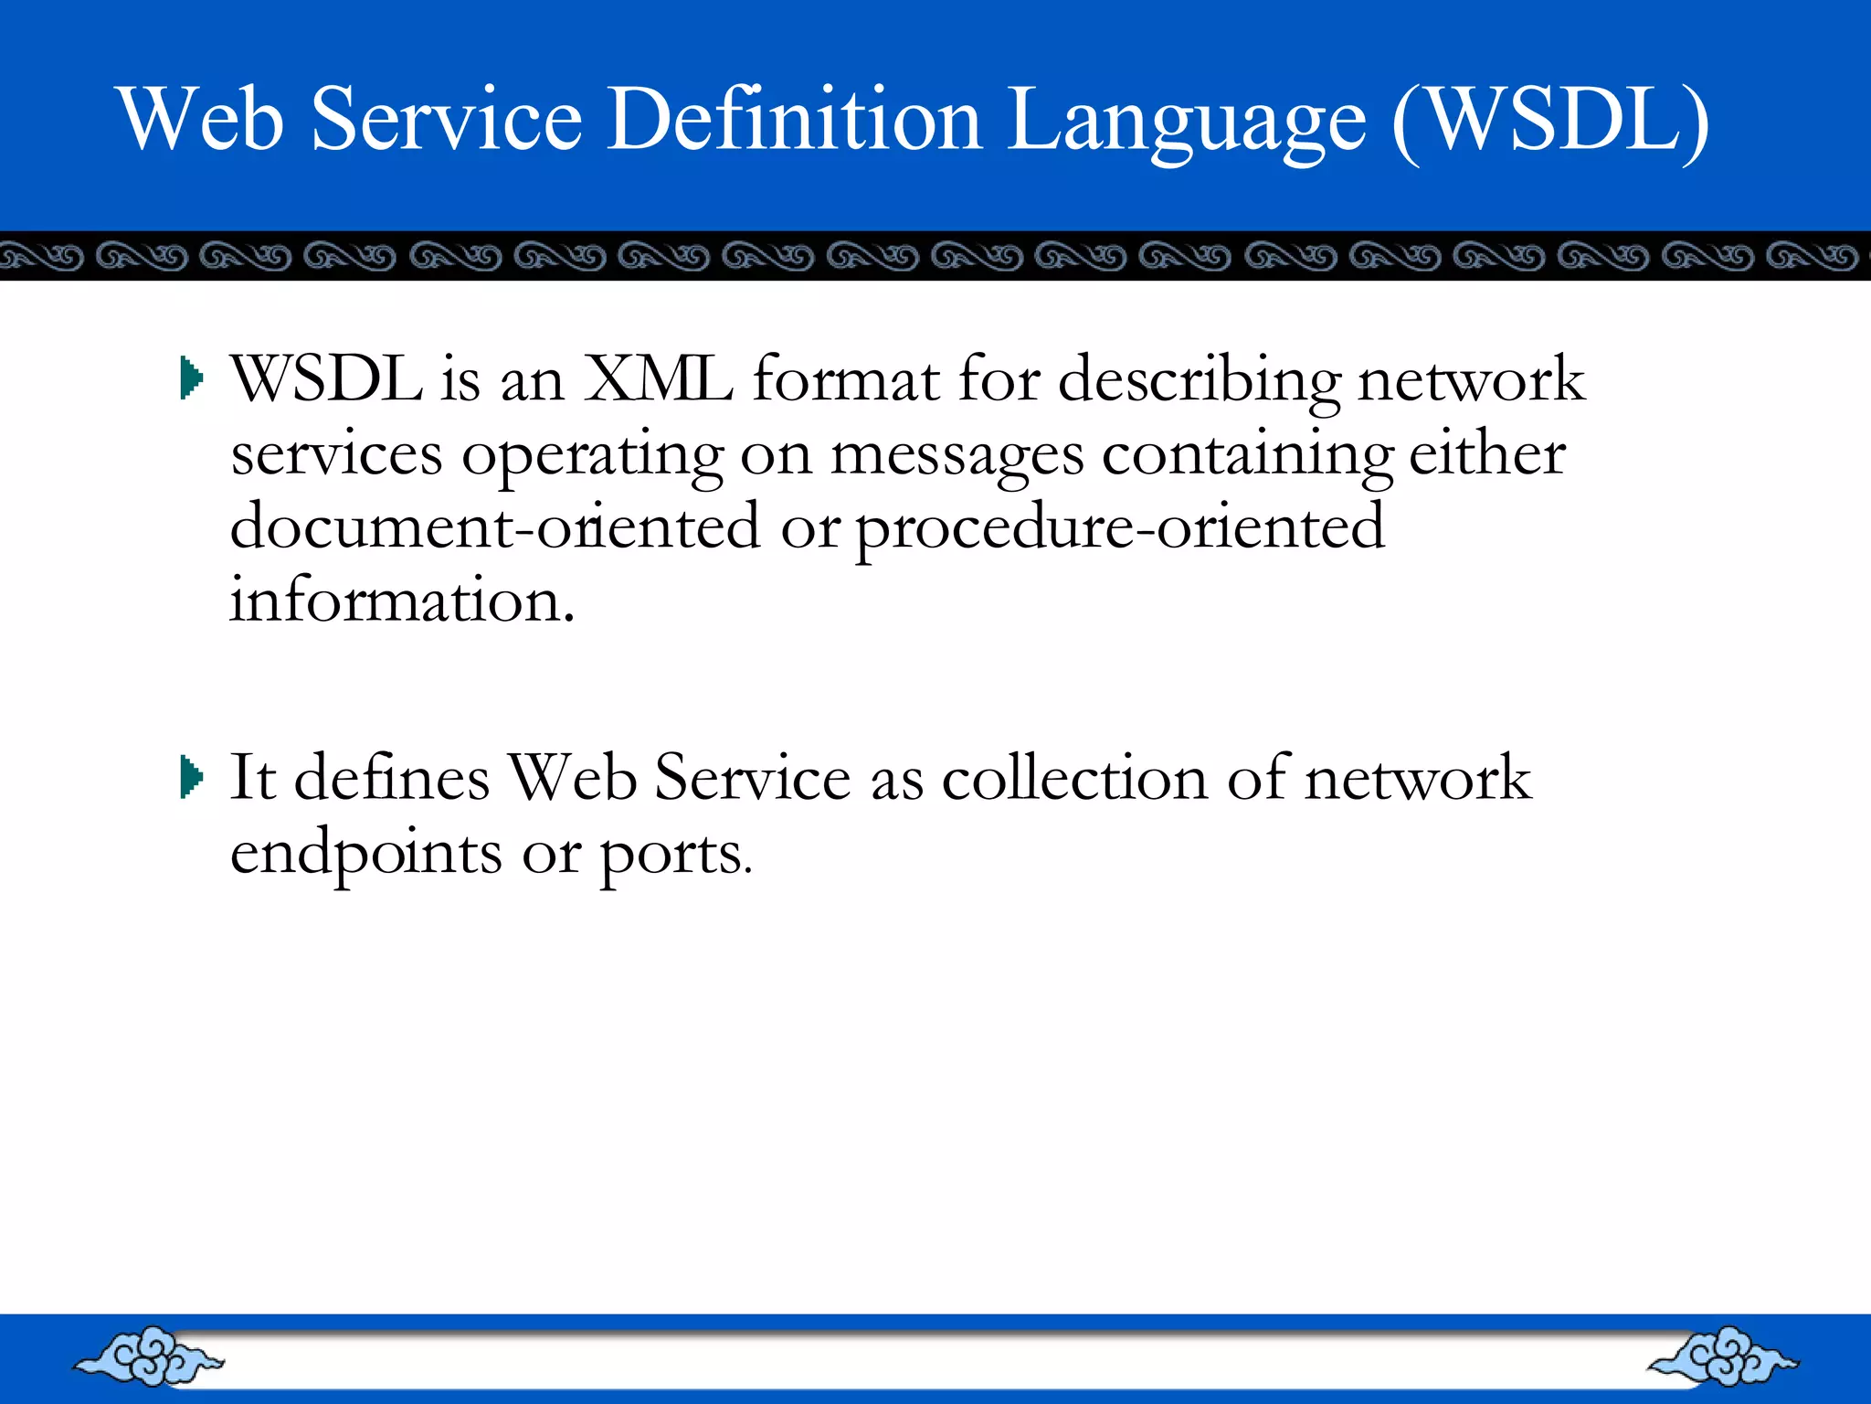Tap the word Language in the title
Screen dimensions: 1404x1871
[x=1188, y=123]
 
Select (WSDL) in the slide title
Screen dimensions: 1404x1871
[x=1550, y=121]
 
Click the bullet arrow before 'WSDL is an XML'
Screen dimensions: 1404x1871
[x=191, y=378]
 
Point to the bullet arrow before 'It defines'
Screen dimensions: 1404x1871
[x=191, y=778]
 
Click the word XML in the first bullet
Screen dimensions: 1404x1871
[x=658, y=378]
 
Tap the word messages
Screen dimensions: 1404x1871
[x=957, y=455]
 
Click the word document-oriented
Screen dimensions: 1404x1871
[x=494, y=527]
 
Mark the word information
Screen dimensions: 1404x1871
[x=402, y=601]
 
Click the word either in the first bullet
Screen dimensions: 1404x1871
[x=1487, y=453]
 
